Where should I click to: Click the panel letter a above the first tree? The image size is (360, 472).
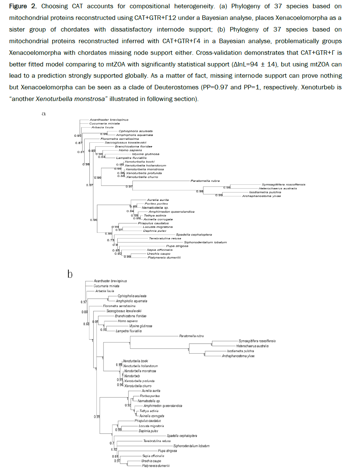point(44,113)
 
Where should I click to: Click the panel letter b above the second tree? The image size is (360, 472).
point(70,274)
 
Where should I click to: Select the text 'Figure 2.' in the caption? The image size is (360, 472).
point(23,6)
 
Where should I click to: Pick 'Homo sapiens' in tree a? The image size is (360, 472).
point(130,150)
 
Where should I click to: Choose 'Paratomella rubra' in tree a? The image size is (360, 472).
point(205,181)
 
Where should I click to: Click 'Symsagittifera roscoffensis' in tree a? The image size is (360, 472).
point(283,185)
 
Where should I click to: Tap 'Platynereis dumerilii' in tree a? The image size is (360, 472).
point(164,258)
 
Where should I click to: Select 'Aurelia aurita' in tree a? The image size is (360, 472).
point(158,200)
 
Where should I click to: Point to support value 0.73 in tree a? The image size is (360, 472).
point(110,240)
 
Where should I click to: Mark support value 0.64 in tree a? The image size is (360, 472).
point(101,157)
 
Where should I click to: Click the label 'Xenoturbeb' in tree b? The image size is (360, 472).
point(132,376)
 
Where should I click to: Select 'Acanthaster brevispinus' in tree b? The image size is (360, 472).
point(110,281)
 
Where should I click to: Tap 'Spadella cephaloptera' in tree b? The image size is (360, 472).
point(182,436)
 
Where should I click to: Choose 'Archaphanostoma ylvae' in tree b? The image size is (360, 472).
point(238,356)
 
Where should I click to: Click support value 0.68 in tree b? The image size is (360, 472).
point(86,324)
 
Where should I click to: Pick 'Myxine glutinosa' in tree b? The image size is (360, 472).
point(141,326)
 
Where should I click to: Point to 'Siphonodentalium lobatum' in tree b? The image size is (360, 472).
point(191,446)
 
